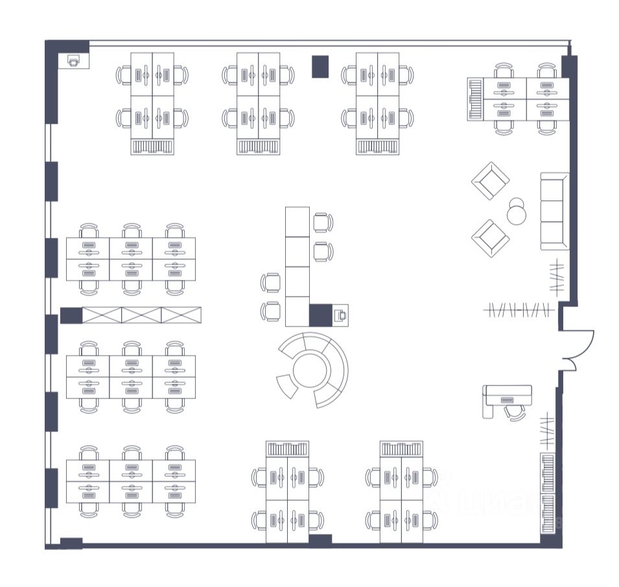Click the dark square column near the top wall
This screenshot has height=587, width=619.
[x=320, y=66]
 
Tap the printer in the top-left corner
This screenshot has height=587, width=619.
[x=74, y=61]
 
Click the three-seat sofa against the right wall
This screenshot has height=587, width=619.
[x=554, y=211]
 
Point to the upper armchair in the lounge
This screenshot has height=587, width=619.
[x=490, y=181]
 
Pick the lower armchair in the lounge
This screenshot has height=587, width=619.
[x=490, y=238]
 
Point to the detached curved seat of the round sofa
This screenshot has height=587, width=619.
[x=286, y=386]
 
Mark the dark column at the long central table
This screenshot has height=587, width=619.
[x=320, y=315]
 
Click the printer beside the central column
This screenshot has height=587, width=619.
[x=340, y=316]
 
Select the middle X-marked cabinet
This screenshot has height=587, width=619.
[x=141, y=316]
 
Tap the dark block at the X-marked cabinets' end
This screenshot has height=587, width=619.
[x=71, y=316]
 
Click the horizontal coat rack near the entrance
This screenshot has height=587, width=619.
[x=519, y=310]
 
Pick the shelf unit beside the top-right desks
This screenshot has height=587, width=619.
[x=476, y=99]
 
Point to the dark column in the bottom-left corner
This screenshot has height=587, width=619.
[x=71, y=543]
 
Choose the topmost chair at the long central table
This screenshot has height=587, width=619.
[x=323, y=222]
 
